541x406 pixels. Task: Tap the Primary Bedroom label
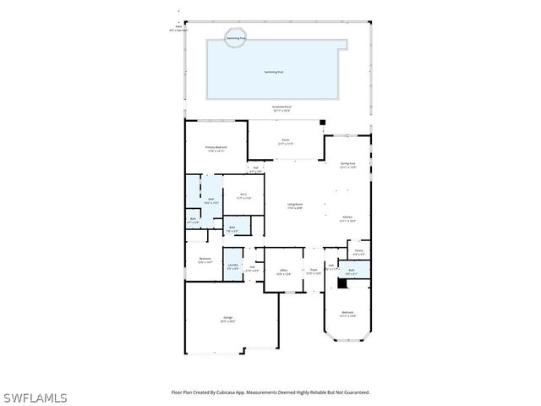coord(216,149)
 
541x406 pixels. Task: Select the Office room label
coord(284,272)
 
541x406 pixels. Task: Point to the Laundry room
coord(232,266)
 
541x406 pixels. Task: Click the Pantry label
coord(358,252)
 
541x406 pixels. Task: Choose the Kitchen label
coord(347,219)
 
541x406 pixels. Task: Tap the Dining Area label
coord(347,165)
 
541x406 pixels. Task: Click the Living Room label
coord(294,206)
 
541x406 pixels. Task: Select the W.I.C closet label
coord(243,196)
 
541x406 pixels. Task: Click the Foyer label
coord(313,272)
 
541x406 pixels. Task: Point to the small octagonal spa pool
coord(236,37)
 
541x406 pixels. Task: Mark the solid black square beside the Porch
coord(322,123)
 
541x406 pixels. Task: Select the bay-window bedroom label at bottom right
coord(347,314)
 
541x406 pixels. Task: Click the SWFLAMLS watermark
coord(35,398)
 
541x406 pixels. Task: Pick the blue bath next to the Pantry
coord(351,271)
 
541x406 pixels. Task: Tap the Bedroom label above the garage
coord(205,260)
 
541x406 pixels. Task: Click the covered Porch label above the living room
coord(285,142)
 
